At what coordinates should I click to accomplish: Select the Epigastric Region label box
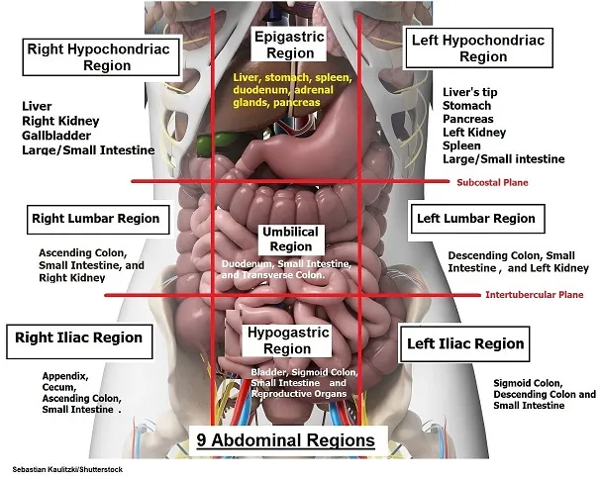pos(288,44)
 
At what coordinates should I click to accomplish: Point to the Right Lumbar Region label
pos(95,218)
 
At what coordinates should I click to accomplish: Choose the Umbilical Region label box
pos(290,239)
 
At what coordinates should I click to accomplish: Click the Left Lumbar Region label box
pos(474,218)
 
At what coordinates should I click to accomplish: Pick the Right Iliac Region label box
pos(78,338)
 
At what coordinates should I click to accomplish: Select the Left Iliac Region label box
pos(463,343)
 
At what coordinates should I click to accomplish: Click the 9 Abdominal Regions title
pos(285,438)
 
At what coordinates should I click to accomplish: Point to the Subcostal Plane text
pos(492,182)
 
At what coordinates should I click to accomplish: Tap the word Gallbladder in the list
pos(57,137)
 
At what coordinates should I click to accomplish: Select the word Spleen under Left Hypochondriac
pos(461,145)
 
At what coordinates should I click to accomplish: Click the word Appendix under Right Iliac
pos(65,376)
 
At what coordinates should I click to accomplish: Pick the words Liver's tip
pos(470,91)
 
